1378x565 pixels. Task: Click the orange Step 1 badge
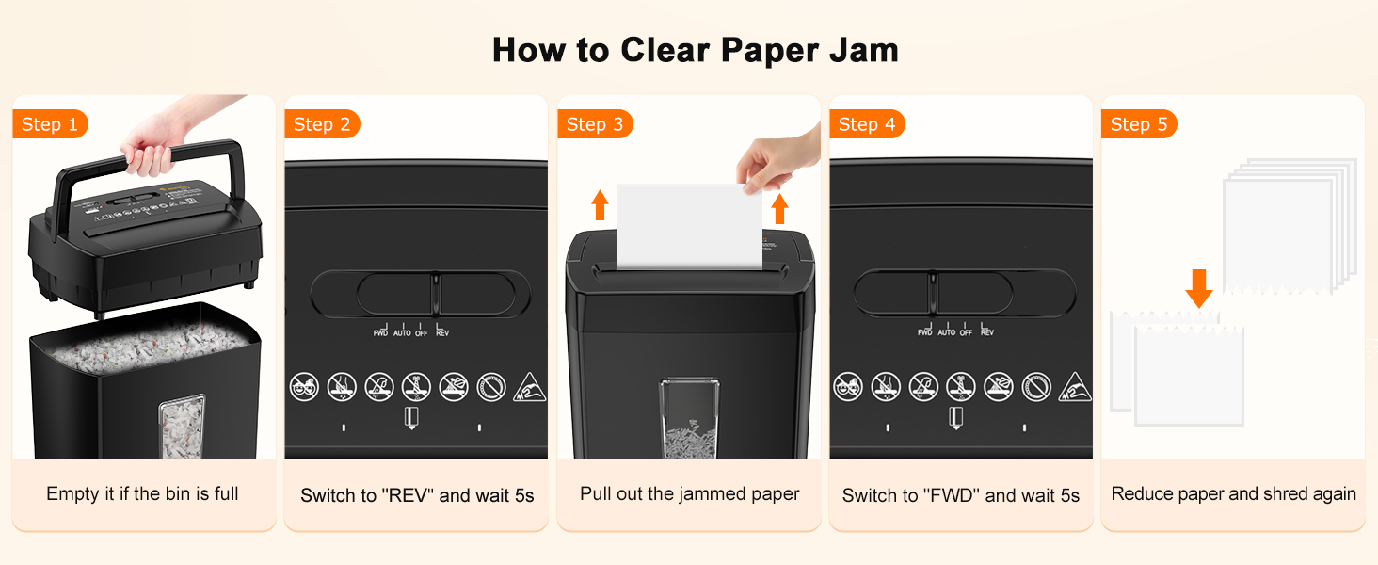coord(50,124)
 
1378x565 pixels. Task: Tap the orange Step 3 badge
coord(595,124)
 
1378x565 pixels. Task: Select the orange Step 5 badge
coord(1139,124)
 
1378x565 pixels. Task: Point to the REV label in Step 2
coord(442,332)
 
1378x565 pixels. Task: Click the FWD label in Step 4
coord(925,332)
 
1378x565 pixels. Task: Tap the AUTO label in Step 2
coord(402,332)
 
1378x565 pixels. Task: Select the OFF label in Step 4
coord(966,332)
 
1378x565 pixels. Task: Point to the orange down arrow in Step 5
coord(1198,288)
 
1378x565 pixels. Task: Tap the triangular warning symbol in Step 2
coord(529,387)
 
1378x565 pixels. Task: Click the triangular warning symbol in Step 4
coord(1074,387)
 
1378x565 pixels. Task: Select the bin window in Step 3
coord(690,418)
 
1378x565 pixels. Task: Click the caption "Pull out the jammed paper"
coord(690,493)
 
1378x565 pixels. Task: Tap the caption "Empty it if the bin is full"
coord(143,493)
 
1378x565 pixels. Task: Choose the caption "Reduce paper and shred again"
coord(1233,493)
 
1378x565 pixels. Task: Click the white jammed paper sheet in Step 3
coord(687,226)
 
